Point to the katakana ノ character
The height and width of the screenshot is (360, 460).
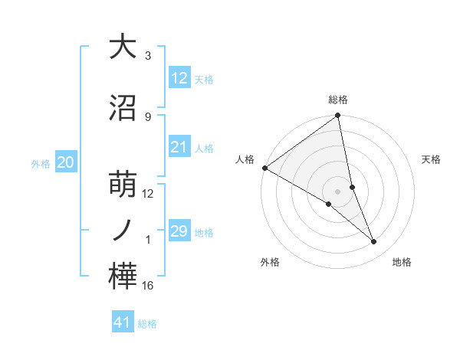click(123, 231)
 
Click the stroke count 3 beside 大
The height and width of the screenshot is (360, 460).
click(147, 56)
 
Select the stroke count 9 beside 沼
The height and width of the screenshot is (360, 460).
click(147, 117)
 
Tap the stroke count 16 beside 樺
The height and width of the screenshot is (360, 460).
click(147, 286)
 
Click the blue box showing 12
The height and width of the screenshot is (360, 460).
click(179, 78)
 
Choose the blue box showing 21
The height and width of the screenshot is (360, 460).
click(179, 147)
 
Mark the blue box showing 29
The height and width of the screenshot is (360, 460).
click(179, 231)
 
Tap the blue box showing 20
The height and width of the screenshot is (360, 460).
click(66, 162)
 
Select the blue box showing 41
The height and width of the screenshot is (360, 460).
click(123, 322)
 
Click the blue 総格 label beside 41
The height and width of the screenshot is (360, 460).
click(147, 324)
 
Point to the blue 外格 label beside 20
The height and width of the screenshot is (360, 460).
click(41, 163)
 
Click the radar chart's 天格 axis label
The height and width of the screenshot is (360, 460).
click(431, 159)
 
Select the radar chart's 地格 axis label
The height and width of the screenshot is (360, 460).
click(402, 262)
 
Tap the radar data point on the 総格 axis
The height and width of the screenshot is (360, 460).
click(338, 116)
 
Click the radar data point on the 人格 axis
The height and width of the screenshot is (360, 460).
click(264, 168)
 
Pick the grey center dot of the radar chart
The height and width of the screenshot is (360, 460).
click(337, 191)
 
